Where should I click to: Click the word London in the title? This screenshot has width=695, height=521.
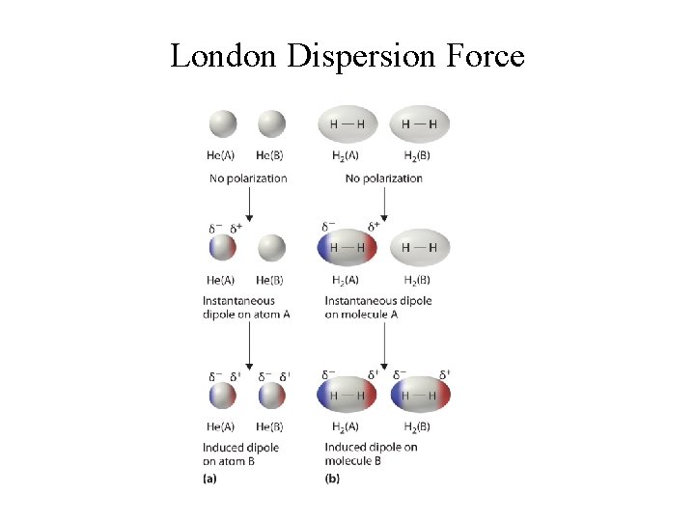[224, 56]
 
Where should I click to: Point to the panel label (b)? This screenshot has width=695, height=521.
[333, 478]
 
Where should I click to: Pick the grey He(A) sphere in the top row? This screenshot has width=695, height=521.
[222, 123]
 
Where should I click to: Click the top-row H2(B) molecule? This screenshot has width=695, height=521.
[420, 123]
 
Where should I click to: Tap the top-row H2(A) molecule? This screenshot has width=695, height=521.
[347, 123]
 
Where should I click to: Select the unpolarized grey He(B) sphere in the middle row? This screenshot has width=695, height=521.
[272, 248]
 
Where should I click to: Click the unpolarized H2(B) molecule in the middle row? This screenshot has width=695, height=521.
[420, 248]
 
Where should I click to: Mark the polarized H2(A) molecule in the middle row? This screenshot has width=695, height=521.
[347, 248]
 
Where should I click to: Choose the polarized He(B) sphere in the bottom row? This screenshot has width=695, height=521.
[272, 397]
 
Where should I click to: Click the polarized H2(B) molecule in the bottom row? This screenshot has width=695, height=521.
[420, 397]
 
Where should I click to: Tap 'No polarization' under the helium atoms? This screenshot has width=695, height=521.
[248, 178]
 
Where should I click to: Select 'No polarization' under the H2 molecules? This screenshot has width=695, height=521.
[383, 178]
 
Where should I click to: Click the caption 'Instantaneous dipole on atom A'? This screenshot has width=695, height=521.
[246, 308]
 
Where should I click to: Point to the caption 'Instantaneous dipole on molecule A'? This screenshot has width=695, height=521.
[377, 308]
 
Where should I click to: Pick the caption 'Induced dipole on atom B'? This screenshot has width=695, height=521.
[240, 454]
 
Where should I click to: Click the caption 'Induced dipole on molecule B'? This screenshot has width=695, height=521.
[371, 454]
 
